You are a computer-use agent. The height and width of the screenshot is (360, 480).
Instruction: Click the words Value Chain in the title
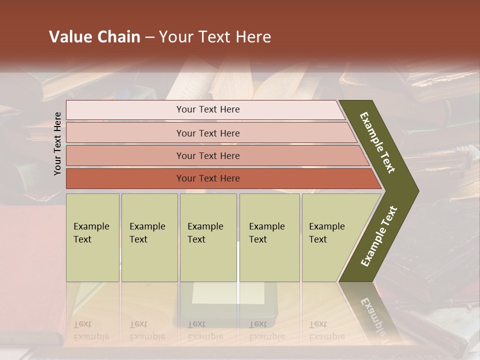click(94, 37)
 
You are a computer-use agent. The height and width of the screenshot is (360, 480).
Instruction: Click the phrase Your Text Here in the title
click(215, 37)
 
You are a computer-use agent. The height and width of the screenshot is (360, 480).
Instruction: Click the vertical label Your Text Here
click(58, 143)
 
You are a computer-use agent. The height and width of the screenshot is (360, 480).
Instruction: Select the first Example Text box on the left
click(92, 237)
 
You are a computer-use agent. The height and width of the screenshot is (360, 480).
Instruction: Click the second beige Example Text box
click(149, 237)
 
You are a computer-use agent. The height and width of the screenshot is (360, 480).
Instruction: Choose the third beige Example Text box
click(208, 237)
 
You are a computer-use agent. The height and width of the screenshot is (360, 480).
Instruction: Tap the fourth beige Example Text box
click(269, 237)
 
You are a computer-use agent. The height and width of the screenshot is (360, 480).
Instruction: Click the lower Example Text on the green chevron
click(379, 236)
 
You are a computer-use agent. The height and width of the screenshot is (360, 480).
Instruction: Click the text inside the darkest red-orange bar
click(208, 178)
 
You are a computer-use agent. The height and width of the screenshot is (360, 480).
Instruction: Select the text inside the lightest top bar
click(208, 109)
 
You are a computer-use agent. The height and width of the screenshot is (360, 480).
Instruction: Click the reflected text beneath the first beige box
click(91, 330)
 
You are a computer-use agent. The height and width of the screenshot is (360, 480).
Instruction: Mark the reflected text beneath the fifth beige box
click(326, 330)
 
